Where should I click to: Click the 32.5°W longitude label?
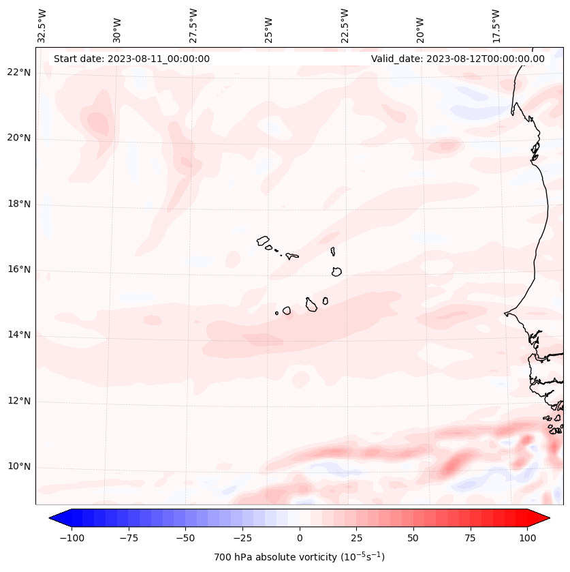pos(42,25)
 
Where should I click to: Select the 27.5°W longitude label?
pos(193,25)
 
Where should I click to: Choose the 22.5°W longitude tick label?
pos(345,25)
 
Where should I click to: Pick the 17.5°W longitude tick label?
pos(496,25)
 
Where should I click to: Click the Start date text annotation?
pos(131,59)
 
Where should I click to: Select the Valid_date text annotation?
pos(458,59)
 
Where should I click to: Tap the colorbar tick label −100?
pos(72,539)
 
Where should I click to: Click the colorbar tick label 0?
pos(300,539)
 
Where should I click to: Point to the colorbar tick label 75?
pos(471,539)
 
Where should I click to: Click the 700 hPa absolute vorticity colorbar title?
pos(300,557)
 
